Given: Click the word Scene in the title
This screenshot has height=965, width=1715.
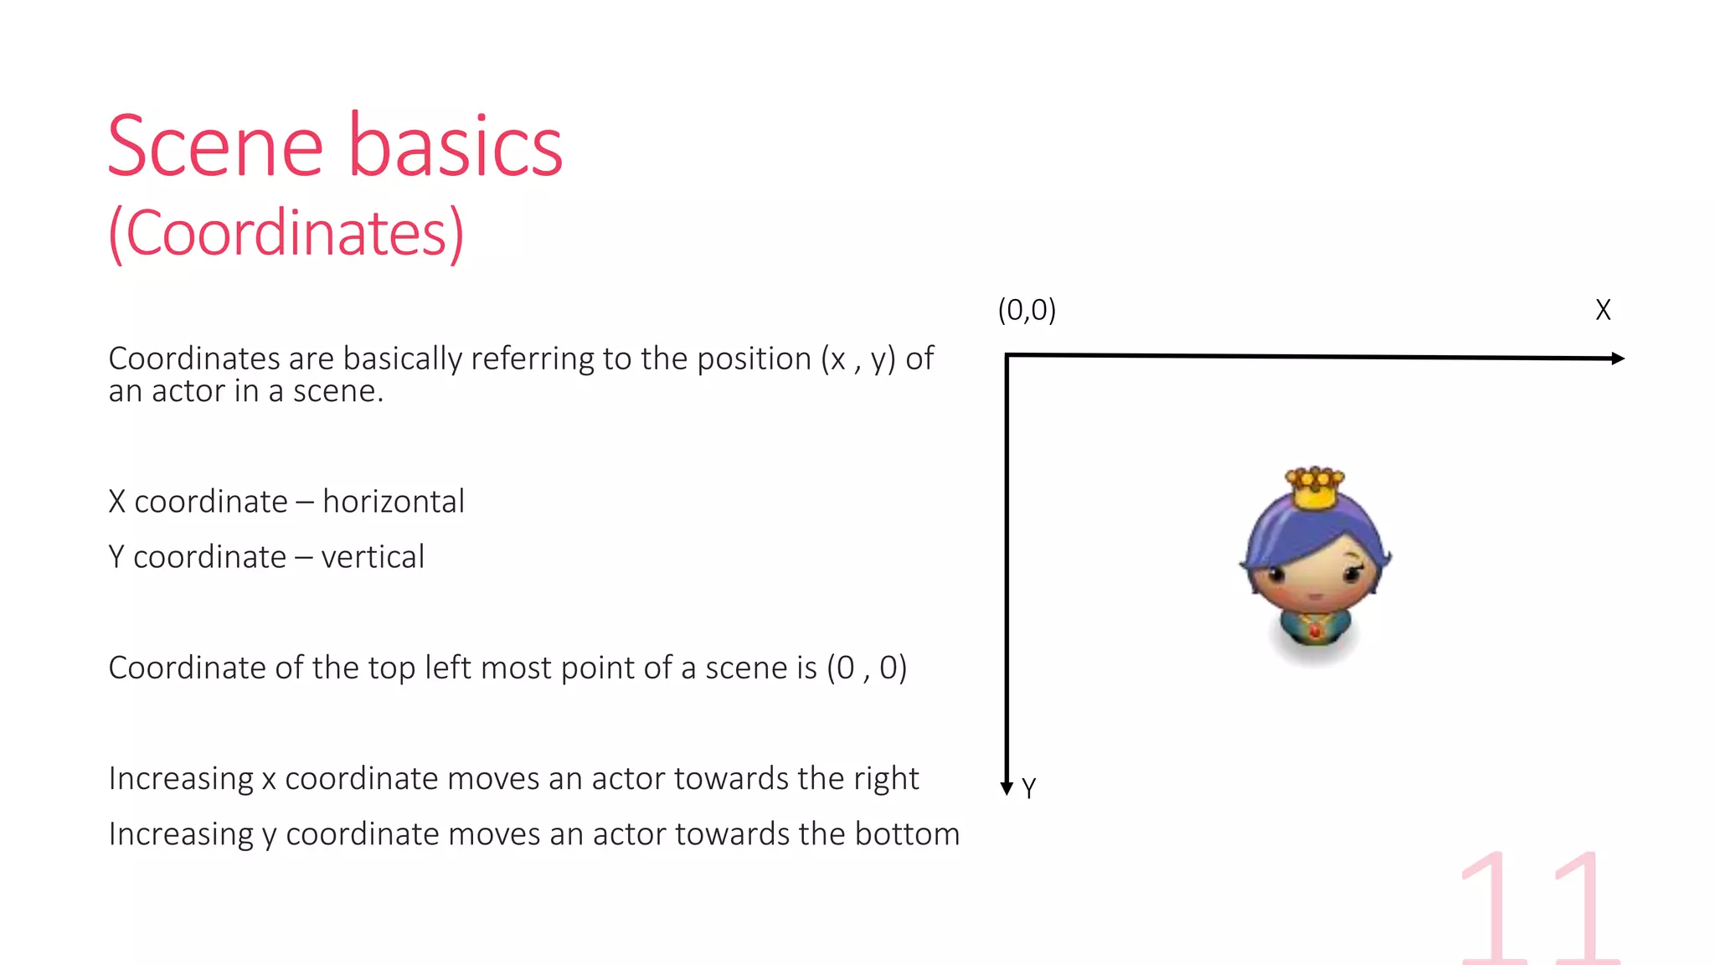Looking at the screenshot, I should tap(215, 147).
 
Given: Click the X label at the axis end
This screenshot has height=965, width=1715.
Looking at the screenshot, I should tap(1603, 310).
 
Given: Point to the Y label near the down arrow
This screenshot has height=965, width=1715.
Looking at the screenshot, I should tap(1029, 788).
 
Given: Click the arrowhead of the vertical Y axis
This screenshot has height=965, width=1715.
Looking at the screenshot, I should tap(1007, 787).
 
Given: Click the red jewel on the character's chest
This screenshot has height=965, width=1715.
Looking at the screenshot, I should tap(1315, 629).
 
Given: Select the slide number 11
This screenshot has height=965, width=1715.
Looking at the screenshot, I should tap(1539, 909).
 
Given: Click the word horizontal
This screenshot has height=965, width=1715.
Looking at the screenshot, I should tap(394, 502).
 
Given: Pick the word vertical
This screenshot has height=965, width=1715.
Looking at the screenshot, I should tap(373, 557).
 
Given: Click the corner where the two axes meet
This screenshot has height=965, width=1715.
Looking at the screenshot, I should tap(1007, 356).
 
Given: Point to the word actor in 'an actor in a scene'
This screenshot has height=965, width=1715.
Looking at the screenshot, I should tap(188, 391).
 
